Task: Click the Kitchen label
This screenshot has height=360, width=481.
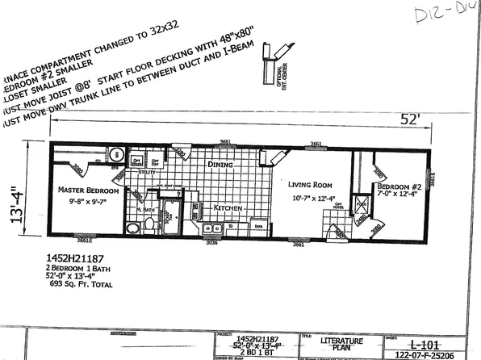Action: (x=228, y=207)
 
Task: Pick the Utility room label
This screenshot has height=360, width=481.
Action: (x=146, y=172)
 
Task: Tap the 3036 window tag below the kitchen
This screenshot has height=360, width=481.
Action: (x=211, y=241)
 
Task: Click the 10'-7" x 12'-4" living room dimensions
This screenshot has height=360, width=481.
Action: (x=311, y=197)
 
